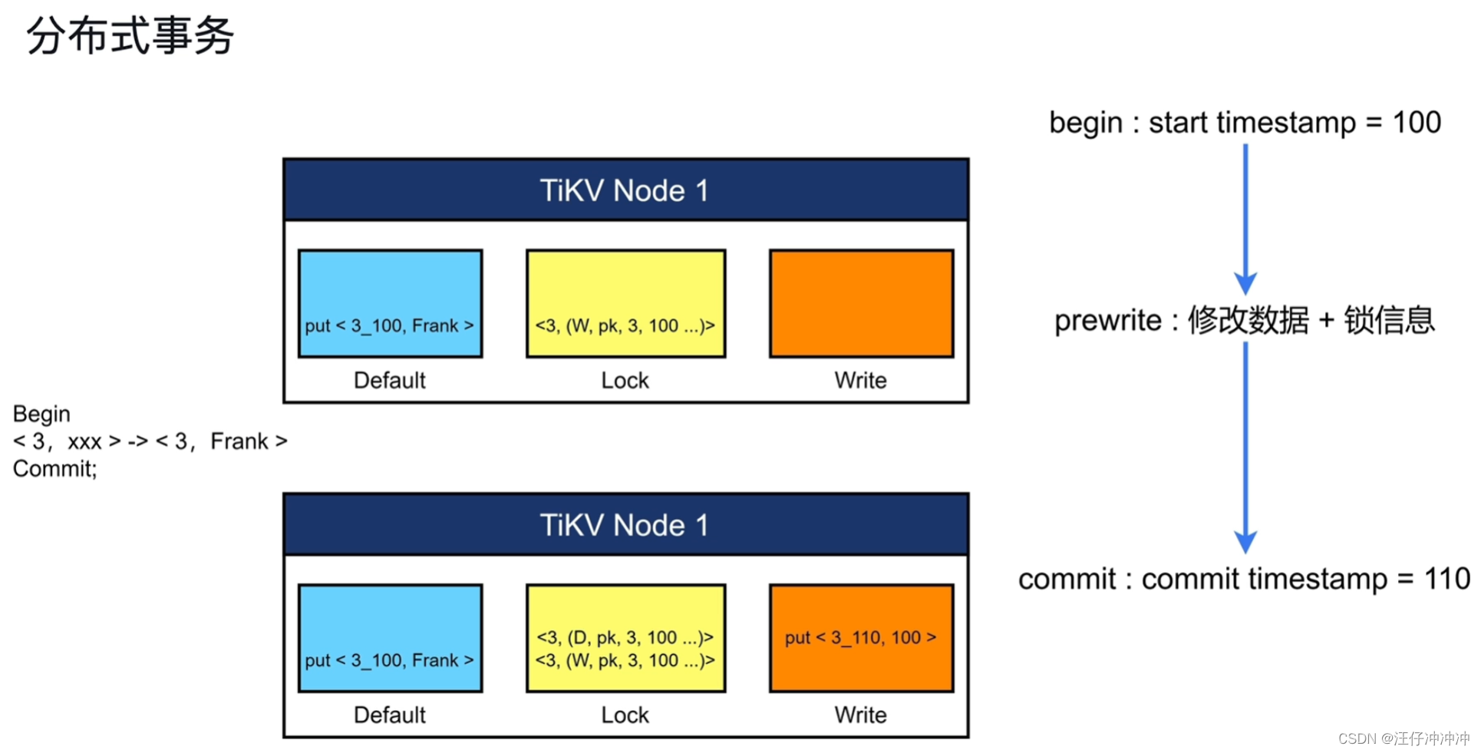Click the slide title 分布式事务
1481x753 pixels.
pyautogui.click(x=130, y=35)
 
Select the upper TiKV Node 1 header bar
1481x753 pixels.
pyautogui.click(x=625, y=190)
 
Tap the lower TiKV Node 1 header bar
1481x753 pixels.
pyautogui.click(x=625, y=524)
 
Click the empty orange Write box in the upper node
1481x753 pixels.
pyautogui.click(x=861, y=303)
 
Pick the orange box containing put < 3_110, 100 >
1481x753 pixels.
pyautogui.click(x=861, y=638)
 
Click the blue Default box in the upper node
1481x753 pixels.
pyautogui.click(x=390, y=303)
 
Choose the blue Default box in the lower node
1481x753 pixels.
pyautogui.click(x=390, y=638)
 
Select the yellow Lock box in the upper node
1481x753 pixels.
pyautogui.click(x=625, y=303)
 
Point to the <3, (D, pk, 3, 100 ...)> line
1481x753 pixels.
pyautogui.click(x=625, y=637)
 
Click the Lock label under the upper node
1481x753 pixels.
pyautogui.click(x=625, y=380)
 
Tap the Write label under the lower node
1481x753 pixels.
pyautogui.click(x=860, y=715)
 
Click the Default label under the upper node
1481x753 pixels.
pyautogui.click(x=389, y=380)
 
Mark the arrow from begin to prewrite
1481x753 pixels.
pyautogui.click(x=1245, y=219)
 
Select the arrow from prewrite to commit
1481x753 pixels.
pyautogui.click(x=1245, y=448)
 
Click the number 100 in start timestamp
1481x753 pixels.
pyautogui.click(x=1417, y=122)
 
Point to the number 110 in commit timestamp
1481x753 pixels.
pyautogui.click(x=1446, y=579)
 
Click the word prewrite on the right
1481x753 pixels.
pyautogui.click(x=1107, y=320)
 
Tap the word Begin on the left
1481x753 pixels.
pyautogui.click(x=41, y=414)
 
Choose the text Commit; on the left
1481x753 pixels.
pyautogui.click(x=54, y=468)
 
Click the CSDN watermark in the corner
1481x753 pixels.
pyautogui.click(x=1403, y=738)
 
